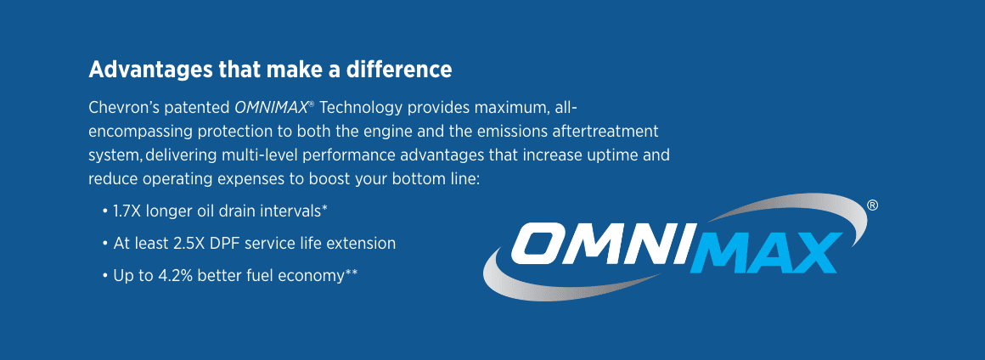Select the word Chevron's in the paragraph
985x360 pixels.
(124, 108)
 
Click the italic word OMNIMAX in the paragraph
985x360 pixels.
(271, 108)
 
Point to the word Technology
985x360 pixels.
(360, 109)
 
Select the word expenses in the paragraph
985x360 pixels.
(247, 179)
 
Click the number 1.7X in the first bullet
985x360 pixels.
(127, 211)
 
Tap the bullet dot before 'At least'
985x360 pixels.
(105, 244)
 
